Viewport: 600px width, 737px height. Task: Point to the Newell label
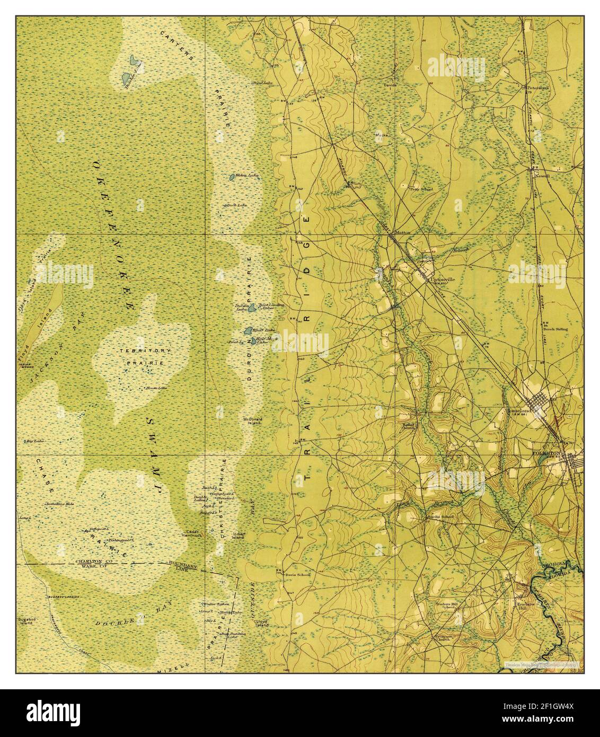click(x=544, y=176)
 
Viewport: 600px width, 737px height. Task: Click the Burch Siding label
click(x=555, y=329)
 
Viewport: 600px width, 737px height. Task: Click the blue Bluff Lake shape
click(x=248, y=331)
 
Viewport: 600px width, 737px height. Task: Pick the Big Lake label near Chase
click(x=34, y=440)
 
